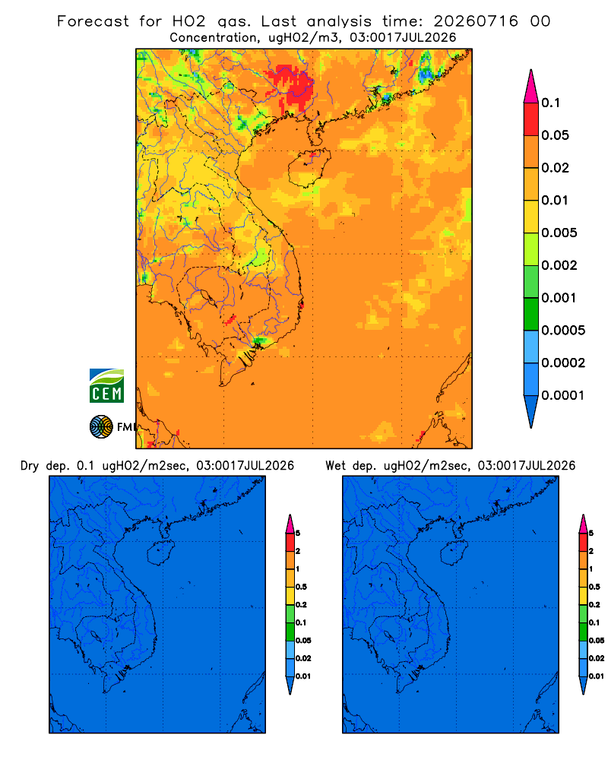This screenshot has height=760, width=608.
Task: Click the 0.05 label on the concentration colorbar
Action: [555, 135]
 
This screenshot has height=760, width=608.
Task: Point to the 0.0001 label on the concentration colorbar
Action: [563, 395]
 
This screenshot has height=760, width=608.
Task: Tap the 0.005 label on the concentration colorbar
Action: [559, 233]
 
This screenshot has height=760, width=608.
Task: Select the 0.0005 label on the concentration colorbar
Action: [563, 331]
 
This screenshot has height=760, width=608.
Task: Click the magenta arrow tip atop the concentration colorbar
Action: [531, 86]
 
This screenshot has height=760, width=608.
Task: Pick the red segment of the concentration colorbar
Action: [531, 119]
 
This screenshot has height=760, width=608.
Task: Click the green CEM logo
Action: [106, 386]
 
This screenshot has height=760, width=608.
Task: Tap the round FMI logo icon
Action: [101, 427]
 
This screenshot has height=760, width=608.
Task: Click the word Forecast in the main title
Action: [93, 21]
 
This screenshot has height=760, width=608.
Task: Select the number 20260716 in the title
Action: [476, 21]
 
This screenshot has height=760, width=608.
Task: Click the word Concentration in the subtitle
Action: [214, 38]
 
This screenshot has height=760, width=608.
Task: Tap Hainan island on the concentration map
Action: [309, 168]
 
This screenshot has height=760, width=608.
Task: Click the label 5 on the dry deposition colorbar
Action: [298, 534]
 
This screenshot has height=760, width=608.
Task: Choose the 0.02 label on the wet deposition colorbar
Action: [597, 658]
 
